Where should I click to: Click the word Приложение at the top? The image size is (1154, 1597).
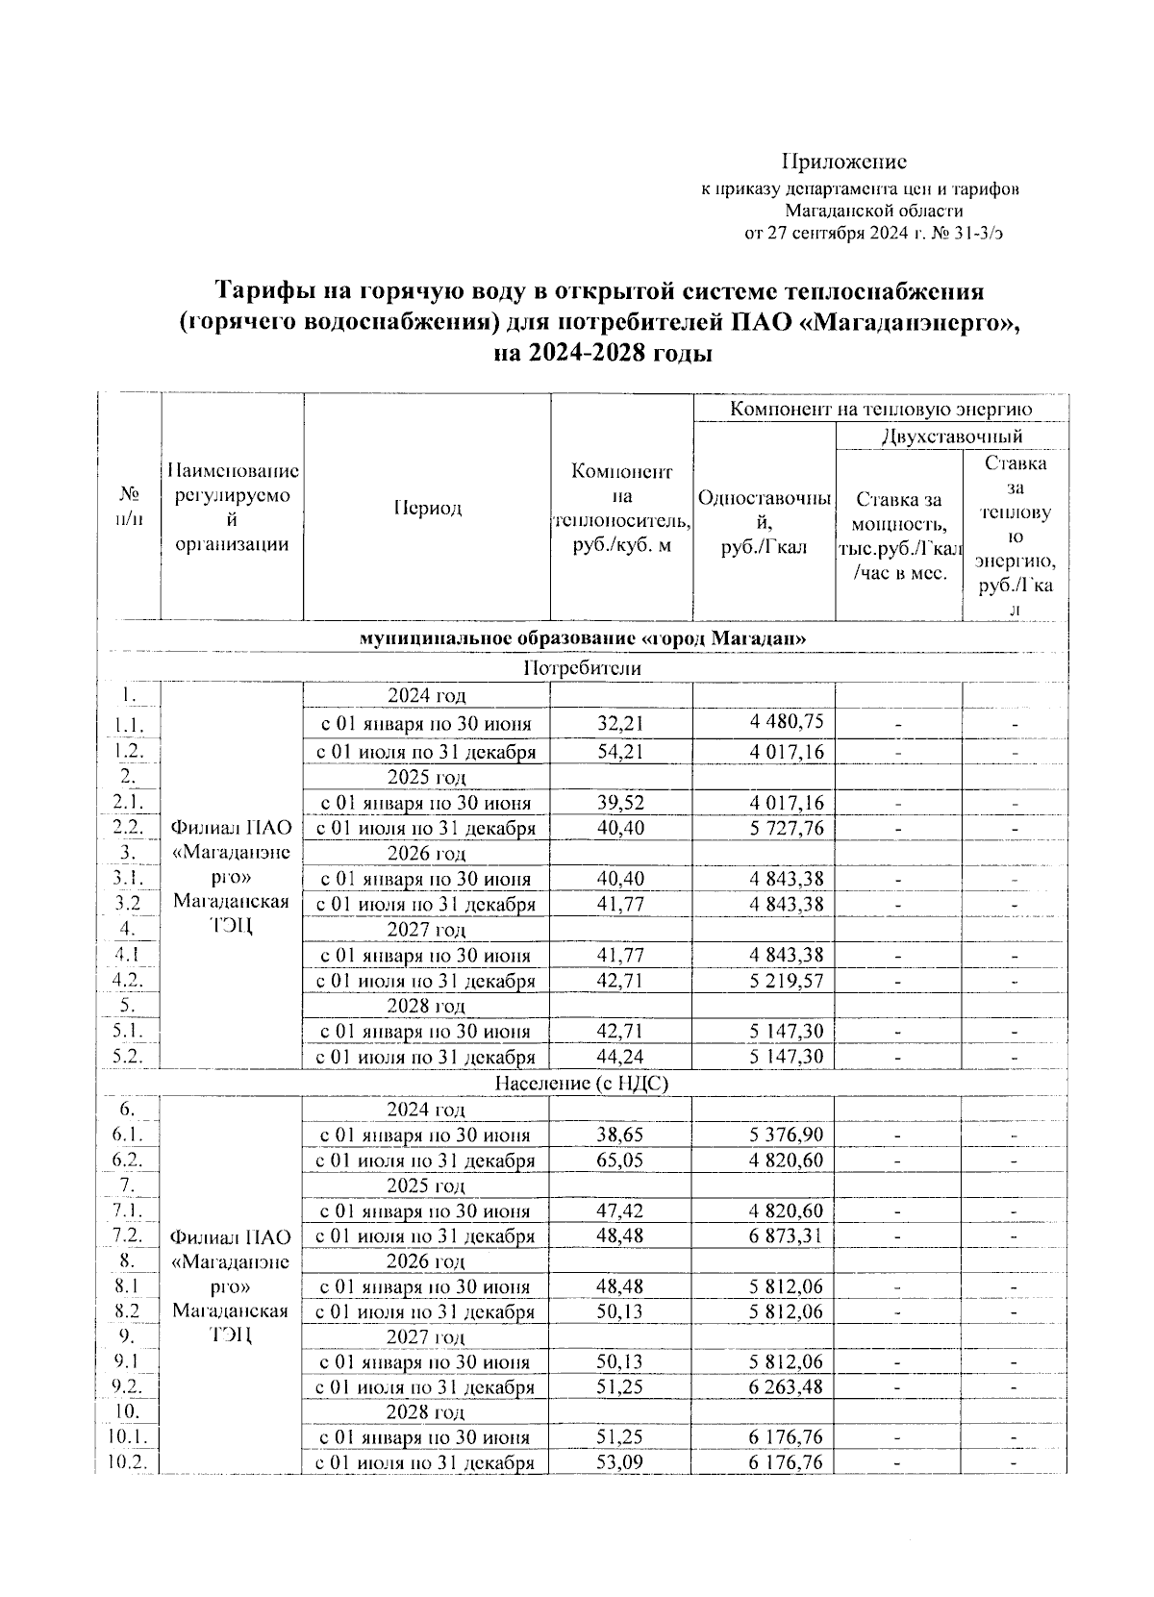(x=843, y=162)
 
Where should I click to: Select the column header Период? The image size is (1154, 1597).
(x=426, y=508)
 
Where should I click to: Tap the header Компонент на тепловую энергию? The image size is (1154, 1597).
(x=880, y=409)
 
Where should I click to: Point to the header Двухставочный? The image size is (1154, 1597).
(x=951, y=437)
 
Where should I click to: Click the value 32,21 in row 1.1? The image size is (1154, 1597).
(x=620, y=723)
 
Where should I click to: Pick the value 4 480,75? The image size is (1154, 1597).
(x=786, y=722)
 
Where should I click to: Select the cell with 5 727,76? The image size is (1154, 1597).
(x=786, y=828)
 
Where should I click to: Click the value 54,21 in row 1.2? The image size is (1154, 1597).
(x=620, y=752)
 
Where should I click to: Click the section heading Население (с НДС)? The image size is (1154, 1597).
(x=582, y=1083)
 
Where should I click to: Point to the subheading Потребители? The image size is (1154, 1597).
(x=582, y=667)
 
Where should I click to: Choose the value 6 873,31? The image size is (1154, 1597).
(x=786, y=1235)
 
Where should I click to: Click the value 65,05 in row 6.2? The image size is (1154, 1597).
(x=620, y=1160)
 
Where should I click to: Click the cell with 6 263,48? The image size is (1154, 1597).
(x=786, y=1387)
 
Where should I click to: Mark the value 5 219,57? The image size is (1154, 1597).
(x=786, y=981)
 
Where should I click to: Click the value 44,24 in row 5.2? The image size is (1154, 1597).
(x=620, y=1057)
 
